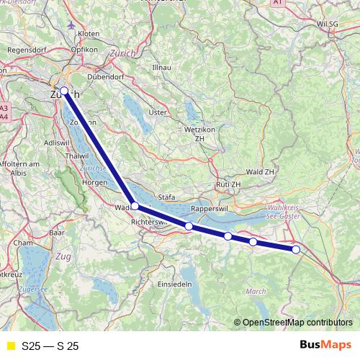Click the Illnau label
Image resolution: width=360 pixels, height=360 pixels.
161,67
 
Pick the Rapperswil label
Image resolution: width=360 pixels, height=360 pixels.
209,209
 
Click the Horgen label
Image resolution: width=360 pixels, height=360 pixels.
94,183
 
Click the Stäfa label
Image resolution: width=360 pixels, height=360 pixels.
167,196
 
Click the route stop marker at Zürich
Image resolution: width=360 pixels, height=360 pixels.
64,91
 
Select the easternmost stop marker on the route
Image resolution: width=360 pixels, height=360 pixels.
296,249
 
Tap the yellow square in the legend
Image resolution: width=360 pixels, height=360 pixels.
10,346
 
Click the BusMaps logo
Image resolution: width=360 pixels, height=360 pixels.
325,346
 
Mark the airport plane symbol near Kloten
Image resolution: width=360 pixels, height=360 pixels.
70,24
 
